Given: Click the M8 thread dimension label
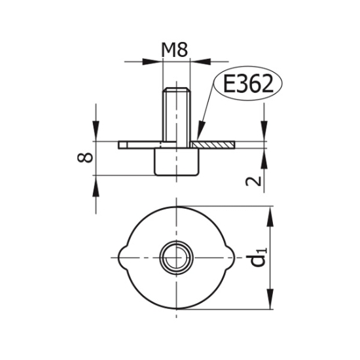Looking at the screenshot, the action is (175, 50).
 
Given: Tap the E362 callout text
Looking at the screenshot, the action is (248, 83).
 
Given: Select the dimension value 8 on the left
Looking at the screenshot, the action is (85, 158).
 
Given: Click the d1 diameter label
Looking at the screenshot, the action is (259, 258).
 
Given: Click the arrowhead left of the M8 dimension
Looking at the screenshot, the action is (151, 62).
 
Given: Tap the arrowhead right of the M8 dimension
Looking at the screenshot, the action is (201, 62).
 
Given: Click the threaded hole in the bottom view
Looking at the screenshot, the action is (176, 257).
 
